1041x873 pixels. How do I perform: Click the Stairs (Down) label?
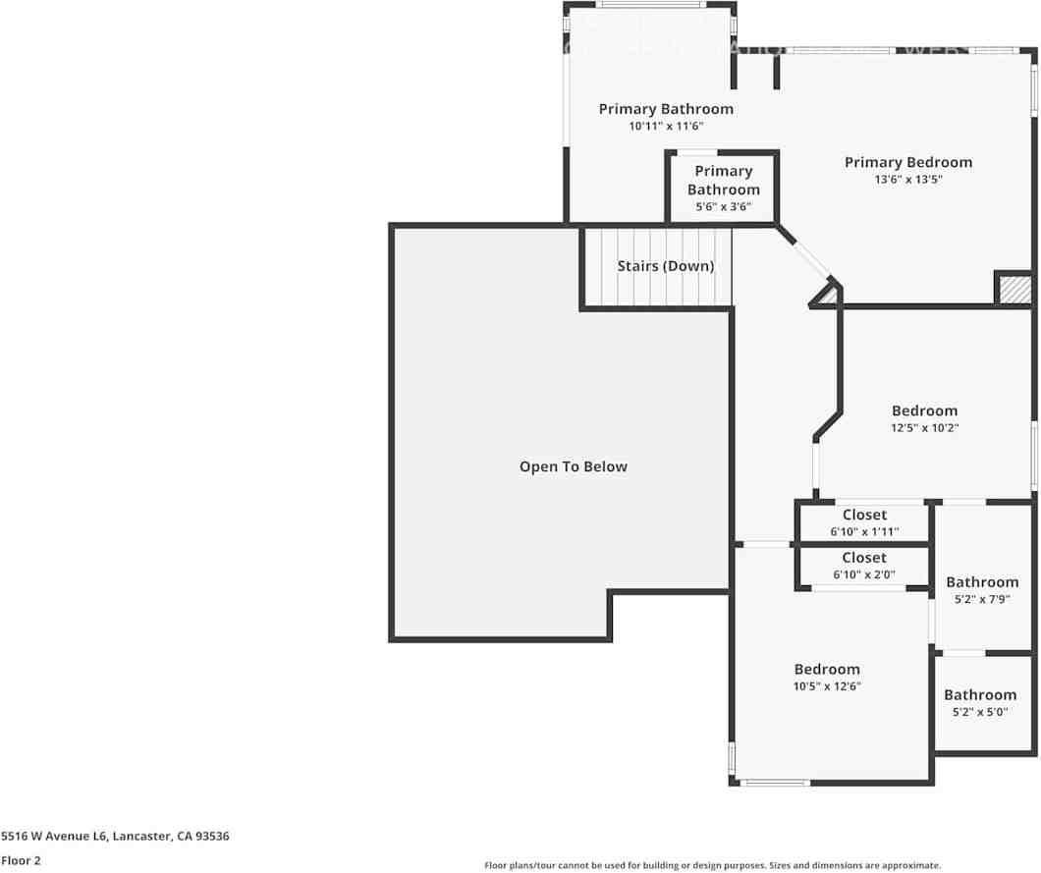click(666, 266)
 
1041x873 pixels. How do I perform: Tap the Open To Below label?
click(573, 466)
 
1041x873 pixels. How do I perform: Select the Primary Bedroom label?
click(907, 162)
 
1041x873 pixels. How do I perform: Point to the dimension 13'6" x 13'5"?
click(907, 180)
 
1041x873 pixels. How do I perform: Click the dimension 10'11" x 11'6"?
click(666, 126)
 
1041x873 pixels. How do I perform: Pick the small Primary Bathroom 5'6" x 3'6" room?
click(723, 188)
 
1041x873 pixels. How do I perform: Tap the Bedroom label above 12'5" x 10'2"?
click(924, 410)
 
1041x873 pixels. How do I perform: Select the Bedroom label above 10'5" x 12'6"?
click(827, 669)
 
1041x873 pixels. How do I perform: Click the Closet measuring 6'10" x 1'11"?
click(864, 522)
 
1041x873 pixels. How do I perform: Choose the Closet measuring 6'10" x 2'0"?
click(864, 566)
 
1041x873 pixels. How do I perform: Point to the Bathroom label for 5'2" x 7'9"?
click(981, 582)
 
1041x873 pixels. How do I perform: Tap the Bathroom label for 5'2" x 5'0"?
click(980, 694)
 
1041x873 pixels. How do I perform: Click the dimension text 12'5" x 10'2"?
click(924, 428)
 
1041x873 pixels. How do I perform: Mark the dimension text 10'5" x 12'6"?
click(827, 686)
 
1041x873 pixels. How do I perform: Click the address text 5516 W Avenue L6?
click(53, 837)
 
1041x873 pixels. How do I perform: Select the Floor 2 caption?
click(21, 860)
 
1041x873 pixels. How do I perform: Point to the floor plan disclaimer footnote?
click(712, 865)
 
